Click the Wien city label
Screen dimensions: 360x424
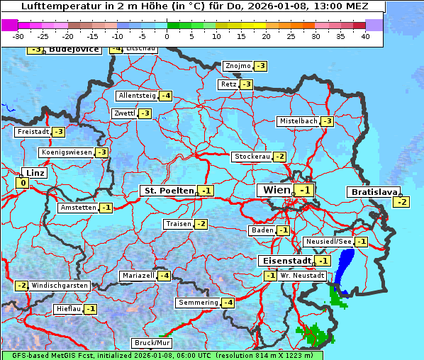[x=277, y=190]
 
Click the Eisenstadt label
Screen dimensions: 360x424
[x=284, y=261]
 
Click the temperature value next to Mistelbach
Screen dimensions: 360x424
[x=327, y=121]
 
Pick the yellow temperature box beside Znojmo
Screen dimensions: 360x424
[x=261, y=66]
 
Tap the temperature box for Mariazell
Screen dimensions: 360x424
[x=164, y=275]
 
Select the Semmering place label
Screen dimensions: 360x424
[x=198, y=303]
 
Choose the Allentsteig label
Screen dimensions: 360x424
[x=137, y=96]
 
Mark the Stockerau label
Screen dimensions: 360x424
[x=251, y=157]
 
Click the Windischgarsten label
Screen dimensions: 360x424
[x=60, y=285]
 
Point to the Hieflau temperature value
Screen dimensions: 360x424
[x=90, y=309]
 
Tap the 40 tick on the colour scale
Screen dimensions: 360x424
[x=365, y=36]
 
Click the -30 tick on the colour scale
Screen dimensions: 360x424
[x=18, y=36]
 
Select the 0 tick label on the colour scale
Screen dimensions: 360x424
[x=167, y=36]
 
